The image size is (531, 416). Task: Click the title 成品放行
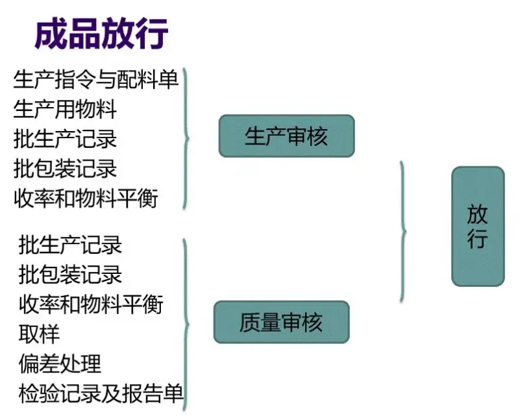coord(101,32)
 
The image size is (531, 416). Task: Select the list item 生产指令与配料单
coord(95,80)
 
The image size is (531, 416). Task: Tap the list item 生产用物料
coord(65,110)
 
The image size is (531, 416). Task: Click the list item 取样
coord(39,334)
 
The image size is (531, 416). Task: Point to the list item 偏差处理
coord(60,363)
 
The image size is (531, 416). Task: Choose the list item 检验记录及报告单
coord(101,393)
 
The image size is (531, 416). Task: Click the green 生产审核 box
coord(286,136)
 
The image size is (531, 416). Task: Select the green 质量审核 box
coord(281,322)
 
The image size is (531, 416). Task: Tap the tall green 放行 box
coord(478,226)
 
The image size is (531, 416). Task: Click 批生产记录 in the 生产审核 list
coord(65,139)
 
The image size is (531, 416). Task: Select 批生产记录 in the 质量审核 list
coord(70,245)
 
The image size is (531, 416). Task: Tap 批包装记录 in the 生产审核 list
coord(65,169)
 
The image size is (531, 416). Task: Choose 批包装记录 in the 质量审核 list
coord(70,275)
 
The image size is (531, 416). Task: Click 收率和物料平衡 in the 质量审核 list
coord(90,304)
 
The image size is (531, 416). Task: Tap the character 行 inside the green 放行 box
coord(478,239)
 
